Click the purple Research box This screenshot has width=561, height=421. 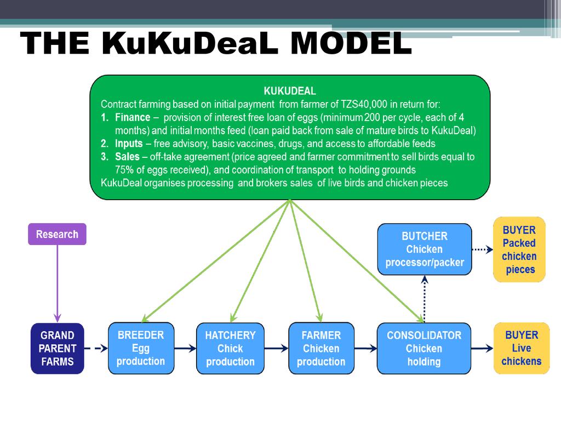[57, 234]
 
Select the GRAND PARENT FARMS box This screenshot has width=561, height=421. [57, 348]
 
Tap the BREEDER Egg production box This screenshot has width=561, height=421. [141, 348]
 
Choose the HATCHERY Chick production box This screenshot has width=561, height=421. [230, 348]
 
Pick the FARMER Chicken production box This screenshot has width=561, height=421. [321, 348]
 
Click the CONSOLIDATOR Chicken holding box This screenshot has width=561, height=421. [424, 348]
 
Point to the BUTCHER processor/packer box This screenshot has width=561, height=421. [424, 249]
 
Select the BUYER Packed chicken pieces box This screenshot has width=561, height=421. [519, 249]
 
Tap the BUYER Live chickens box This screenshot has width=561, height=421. [522, 348]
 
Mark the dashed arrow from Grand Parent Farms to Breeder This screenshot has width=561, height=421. [96, 348]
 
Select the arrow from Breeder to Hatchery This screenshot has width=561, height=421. [185, 348]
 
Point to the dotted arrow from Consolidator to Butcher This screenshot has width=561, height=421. [424, 299]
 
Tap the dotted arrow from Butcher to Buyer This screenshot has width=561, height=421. [482, 249]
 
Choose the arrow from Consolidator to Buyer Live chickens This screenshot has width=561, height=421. [482, 348]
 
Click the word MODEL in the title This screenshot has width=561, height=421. [351, 44]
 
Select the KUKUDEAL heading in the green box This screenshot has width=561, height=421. [290, 91]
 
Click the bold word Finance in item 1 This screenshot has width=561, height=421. [132, 117]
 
